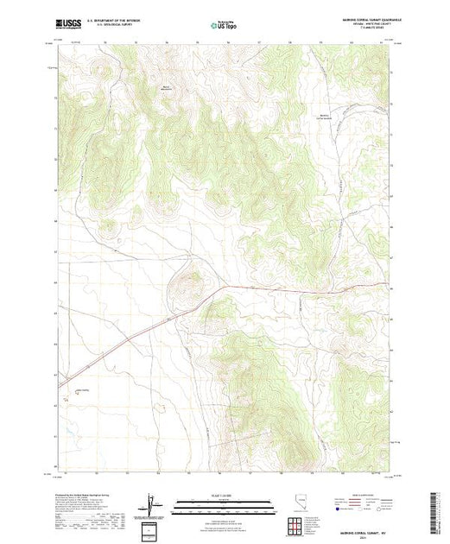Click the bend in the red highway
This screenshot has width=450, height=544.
(226, 287)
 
